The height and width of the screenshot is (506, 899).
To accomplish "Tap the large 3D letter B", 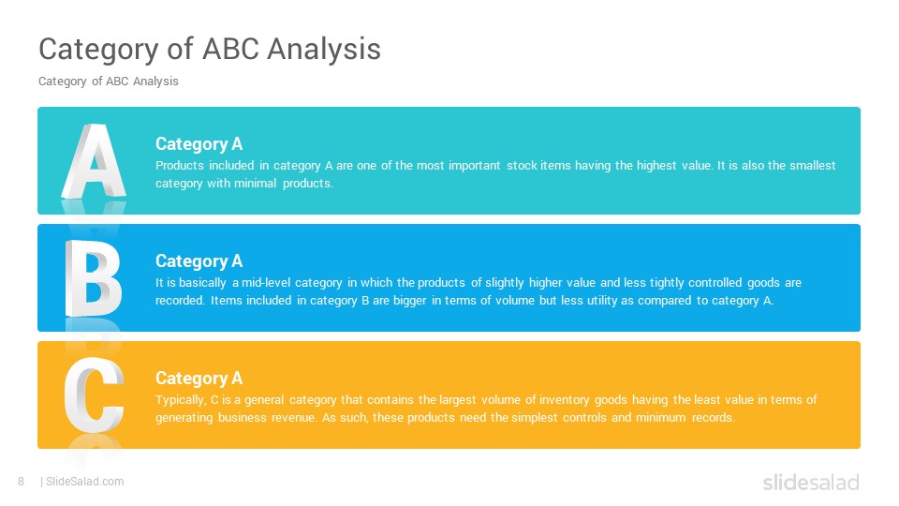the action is click(94, 278).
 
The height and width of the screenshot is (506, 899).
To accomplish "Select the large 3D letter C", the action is click(94, 394).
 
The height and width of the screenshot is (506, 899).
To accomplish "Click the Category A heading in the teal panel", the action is click(199, 144).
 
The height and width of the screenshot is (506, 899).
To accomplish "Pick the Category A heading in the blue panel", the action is click(199, 261).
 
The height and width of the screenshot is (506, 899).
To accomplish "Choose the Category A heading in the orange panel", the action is click(199, 378).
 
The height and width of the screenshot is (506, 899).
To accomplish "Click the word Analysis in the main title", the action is click(324, 50).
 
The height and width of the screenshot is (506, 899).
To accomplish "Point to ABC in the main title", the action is click(231, 49).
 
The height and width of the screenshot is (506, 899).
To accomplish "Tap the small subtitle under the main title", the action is click(109, 82).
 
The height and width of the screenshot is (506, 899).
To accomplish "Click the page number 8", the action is click(22, 482).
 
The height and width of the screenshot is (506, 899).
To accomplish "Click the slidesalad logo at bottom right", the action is click(811, 482).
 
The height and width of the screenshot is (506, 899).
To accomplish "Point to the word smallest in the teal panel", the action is click(813, 165).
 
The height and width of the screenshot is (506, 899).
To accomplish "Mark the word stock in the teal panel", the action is click(522, 165).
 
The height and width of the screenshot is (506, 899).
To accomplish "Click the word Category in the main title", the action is click(98, 50).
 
